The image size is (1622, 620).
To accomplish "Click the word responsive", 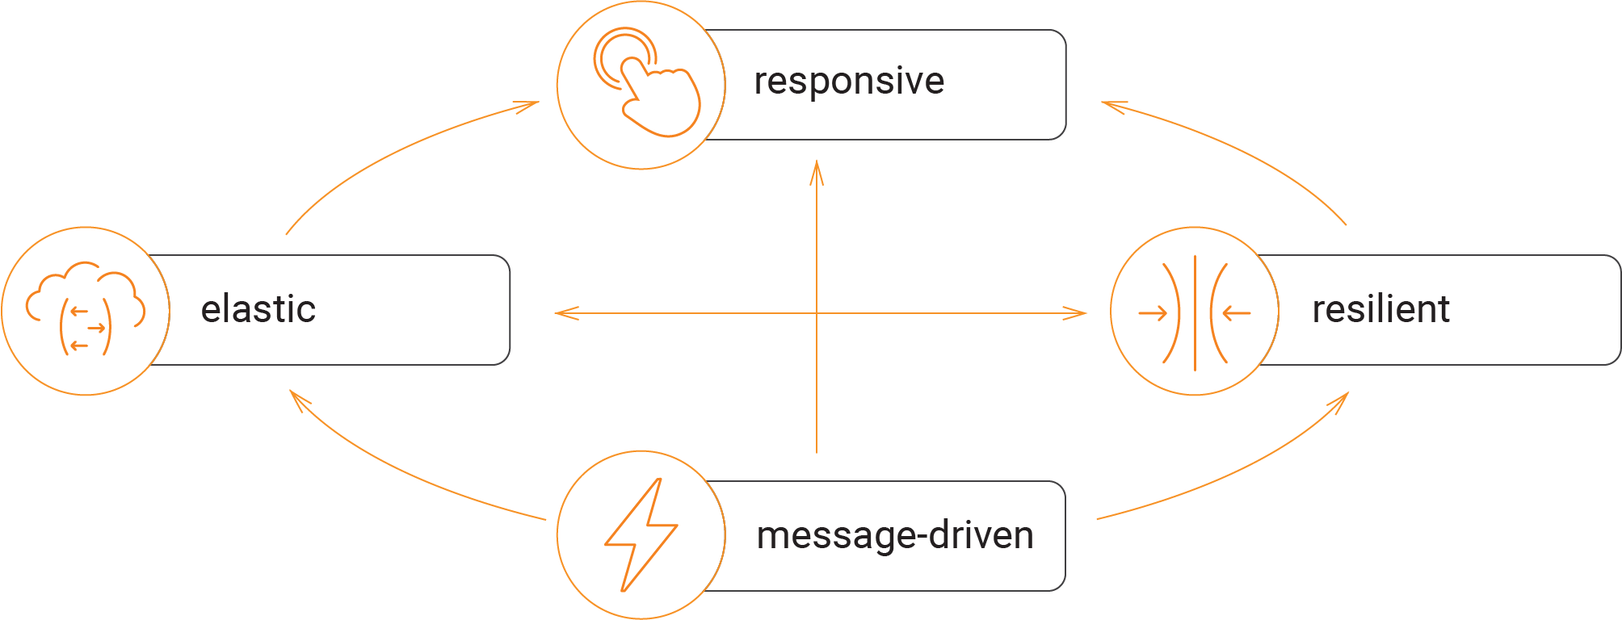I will pos(848,82).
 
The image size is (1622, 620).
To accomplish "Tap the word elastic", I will pos(258,310).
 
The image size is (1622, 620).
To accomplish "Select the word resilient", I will pos(1380,310).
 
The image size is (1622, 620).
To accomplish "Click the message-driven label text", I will pos(894,536).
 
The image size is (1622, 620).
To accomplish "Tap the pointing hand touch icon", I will pos(658,97).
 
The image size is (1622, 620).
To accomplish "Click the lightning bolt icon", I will pos(641,534).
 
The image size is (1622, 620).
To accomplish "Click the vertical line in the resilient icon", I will pos(1195,312).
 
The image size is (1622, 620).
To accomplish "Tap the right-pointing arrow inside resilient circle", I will pos(1153,313).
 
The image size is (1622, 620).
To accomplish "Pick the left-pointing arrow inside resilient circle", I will pos(1237,313).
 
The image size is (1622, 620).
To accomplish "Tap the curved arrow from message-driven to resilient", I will pos(1244,472).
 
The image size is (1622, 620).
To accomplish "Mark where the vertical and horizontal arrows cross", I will pos(817,313).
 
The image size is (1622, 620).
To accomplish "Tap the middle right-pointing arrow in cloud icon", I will pos(96,328).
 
